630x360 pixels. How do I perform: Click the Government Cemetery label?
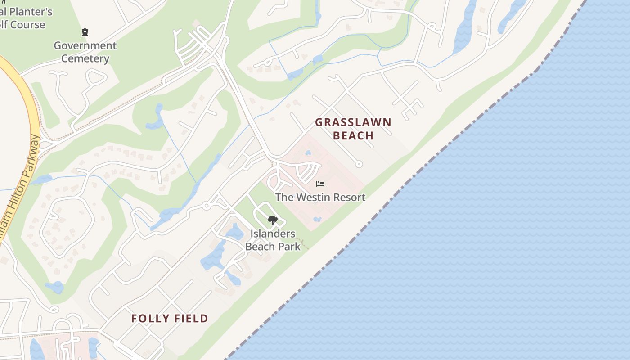85,52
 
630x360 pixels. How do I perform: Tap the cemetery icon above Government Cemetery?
85,32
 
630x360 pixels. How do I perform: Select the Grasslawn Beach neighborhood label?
353,129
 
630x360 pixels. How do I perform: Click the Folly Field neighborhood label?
170,319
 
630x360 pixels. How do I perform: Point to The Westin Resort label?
320,197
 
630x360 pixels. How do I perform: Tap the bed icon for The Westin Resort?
320,184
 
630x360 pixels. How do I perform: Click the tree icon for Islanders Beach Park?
272,220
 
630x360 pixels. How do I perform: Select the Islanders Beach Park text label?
273,240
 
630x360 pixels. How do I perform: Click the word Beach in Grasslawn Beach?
353,135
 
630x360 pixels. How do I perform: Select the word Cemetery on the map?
85,58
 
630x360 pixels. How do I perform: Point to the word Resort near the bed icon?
350,197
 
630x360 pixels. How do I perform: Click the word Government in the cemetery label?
85,45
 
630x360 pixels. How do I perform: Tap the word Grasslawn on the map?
353,122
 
